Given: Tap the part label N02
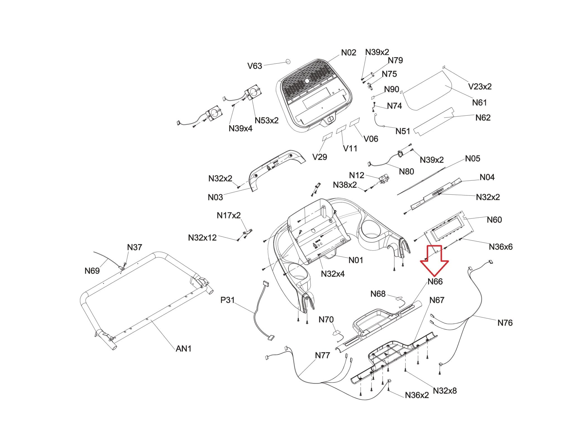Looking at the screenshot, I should click(349, 52).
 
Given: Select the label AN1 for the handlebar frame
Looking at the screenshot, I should click(183, 348).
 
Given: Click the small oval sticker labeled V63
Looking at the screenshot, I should click(288, 61).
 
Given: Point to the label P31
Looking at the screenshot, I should click(227, 300).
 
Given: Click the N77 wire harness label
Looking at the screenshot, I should click(322, 355).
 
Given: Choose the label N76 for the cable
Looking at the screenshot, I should click(505, 323).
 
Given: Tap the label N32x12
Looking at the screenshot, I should click(202, 238).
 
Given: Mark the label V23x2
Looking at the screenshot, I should click(480, 87).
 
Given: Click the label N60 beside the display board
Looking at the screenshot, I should click(494, 220).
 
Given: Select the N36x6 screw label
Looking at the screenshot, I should click(500, 247).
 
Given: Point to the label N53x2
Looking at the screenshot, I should click(266, 120).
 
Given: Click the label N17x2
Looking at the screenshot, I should click(228, 215).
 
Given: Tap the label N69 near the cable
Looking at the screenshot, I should click(92, 271).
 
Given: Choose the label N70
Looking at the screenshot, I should click(326, 319).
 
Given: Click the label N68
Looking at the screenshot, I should click(378, 294).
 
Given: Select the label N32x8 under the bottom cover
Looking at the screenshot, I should click(445, 391).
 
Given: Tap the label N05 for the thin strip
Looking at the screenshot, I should click(472, 159).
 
